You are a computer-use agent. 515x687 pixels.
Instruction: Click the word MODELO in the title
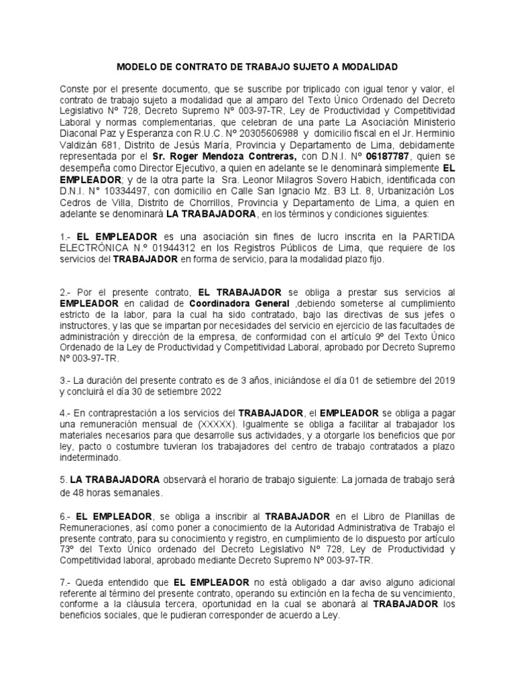pyautogui.click(x=137, y=67)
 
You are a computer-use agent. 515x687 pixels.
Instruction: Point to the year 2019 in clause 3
pyautogui.click(x=444, y=380)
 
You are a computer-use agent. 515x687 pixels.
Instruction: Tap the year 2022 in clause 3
pyautogui.click(x=206, y=391)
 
